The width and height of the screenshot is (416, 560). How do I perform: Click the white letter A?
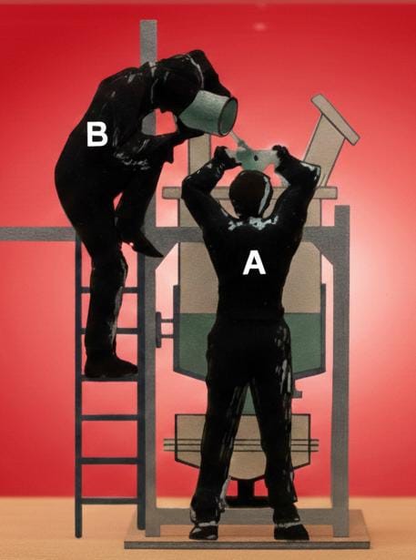tap(254, 264)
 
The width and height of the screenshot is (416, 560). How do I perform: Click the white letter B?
tap(97, 135)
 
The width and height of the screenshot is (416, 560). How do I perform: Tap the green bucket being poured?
tap(210, 112)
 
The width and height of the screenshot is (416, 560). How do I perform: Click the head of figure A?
tap(250, 193)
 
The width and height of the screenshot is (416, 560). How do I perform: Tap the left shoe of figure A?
tap(204, 531)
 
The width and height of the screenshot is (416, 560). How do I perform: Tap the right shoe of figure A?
tap(291, 531)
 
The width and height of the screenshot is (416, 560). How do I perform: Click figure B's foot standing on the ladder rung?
tap(111, 367)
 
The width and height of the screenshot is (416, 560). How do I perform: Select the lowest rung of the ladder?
tap(110, 500)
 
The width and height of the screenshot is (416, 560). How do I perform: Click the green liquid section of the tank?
tap(250, 344)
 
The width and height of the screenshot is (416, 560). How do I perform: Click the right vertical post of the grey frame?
tap(341, 371)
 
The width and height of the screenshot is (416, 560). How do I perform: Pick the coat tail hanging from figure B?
tap(143, 243)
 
